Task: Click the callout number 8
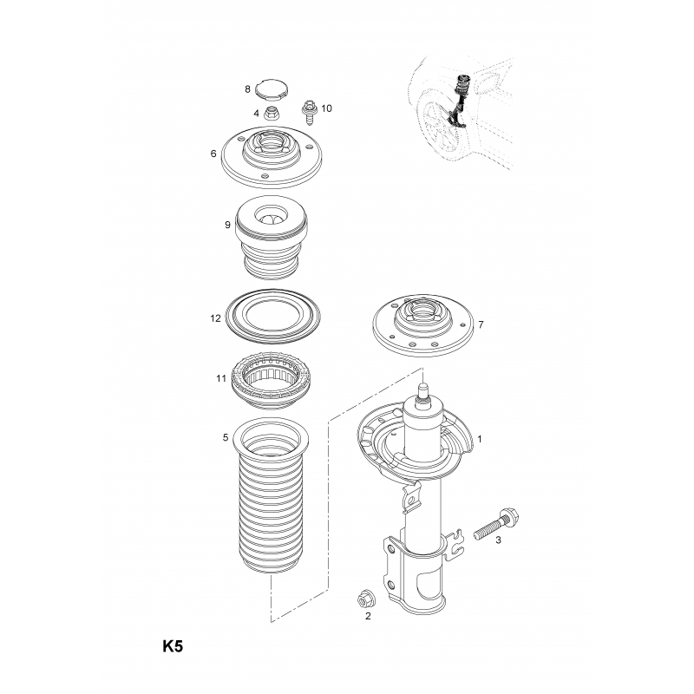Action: click(247, 89)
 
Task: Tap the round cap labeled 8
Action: click(272, 88)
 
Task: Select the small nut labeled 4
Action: click(271, 113)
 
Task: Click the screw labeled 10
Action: click(309, 112)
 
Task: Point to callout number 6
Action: click(213, 154)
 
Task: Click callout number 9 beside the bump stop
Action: click(227, 225)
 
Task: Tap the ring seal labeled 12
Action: click(273, 316)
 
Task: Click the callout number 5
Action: click(226, 438)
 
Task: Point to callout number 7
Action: click(481, 324)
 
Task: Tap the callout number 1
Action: click(480, 439)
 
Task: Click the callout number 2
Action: click(368, 616)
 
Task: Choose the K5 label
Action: click(173, 646)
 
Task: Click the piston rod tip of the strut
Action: click(422, 388)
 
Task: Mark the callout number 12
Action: click(215, 318)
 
